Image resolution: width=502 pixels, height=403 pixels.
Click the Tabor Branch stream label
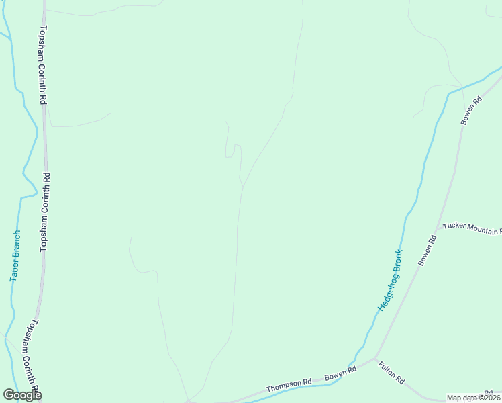pyautogui.click(x=15, y=256)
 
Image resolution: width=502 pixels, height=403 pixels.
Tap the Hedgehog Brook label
pyautogui.click(x=390, y=280)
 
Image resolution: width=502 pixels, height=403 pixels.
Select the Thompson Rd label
pyautogui.click(x=289, y=385)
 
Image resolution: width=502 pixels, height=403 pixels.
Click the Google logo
pyautogui.click(x=22, y=394)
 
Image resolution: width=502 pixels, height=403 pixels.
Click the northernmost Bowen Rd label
pyautogui.click(x=472, y=110)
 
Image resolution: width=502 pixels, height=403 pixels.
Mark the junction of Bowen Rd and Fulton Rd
pyautogui.click(x=375, y=357)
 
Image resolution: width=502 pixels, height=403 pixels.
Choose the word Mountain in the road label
pyautogui.click(x=482, y=230)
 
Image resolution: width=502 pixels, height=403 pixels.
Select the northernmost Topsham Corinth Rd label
pyautogui.click(x=42, y=64)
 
